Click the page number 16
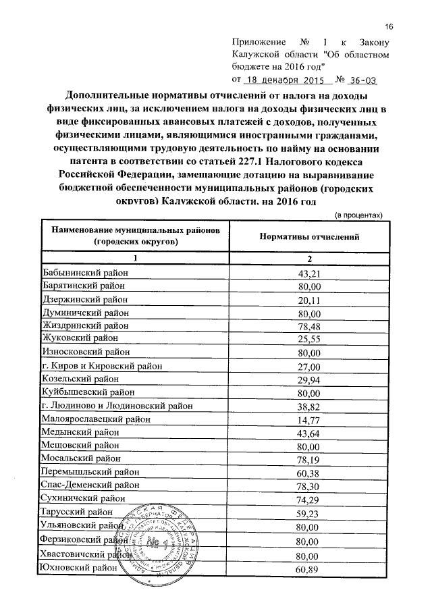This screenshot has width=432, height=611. (x=389, y=26)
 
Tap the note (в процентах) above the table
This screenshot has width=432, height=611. (x=359, y=215)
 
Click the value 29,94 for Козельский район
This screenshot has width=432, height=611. (x=308, y=380)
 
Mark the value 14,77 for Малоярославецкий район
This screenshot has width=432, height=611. (x=308, y=420)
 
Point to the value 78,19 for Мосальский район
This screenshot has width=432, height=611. (x=308, y=460)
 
